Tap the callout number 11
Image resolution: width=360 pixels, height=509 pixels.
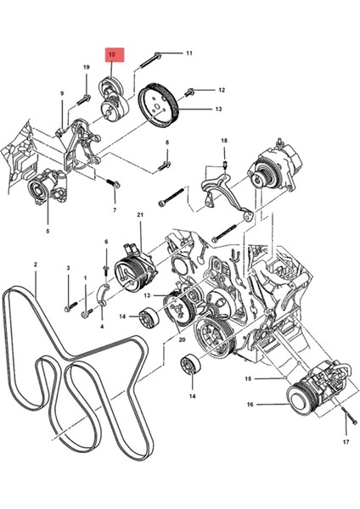pyautogui.click(x=188, y=53)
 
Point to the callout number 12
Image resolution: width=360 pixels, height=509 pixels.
pyautogui.click(x=222, y=90)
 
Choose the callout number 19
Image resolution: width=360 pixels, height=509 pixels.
pyautogui.click(x=87, y=67)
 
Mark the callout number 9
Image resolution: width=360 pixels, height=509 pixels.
pyautogui.click(x=62, y=95)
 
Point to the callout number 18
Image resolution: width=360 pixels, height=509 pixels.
pyautogui.click(x=224, y=140)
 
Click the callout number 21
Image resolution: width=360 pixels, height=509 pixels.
pyautogui.click(x=140, y=215)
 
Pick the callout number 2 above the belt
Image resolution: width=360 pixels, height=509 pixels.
pyautogui.click(x=35, y=266)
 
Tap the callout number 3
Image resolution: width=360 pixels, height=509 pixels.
pyautogui.click(x=68, y=269)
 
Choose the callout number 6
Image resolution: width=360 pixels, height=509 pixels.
pyautogui.click(x=106, y=243)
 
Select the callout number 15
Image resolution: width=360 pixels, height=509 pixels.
pyautogui.click(x=248, y=378)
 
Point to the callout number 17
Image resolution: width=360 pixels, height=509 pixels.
pyautogui.click(x=346, y=442)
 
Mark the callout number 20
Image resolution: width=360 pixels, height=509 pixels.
pyautogui.click(x=181, y=338)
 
